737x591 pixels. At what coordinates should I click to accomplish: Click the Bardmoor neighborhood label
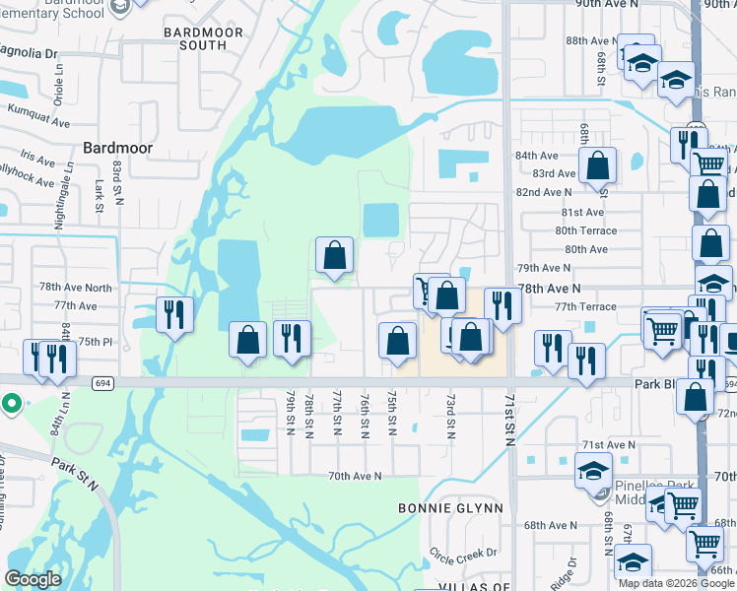point(117,147)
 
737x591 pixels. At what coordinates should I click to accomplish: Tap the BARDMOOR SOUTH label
point(195,38)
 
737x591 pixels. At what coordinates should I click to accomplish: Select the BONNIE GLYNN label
point(450,508)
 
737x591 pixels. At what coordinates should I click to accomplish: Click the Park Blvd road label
point(657,382)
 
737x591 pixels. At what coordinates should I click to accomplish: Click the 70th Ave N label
point(355,476)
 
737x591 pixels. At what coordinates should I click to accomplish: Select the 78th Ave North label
point(76,287)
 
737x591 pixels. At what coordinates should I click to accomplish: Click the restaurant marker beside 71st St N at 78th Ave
point(502,304)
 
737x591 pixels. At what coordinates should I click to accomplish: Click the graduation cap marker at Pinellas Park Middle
point(594,470)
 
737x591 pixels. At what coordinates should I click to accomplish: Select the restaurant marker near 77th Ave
point(174,314)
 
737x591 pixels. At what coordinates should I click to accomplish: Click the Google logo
point(33,580)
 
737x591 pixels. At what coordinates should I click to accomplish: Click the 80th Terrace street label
point(585,230)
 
